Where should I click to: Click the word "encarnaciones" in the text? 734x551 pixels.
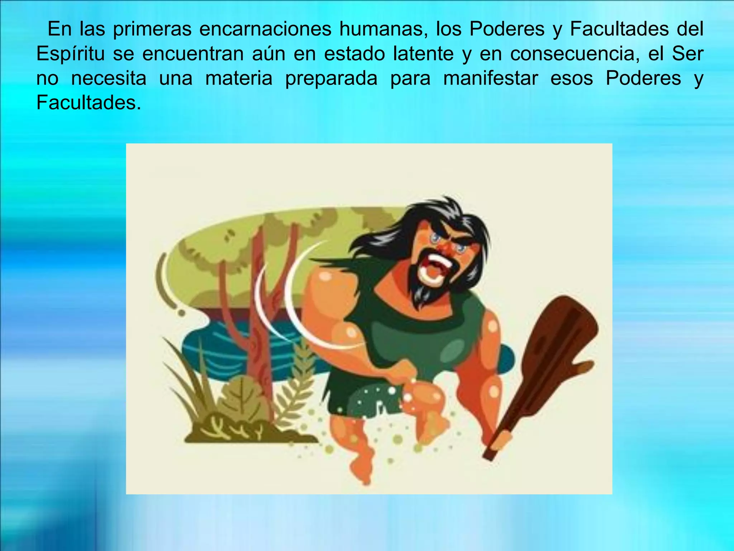(265, 29)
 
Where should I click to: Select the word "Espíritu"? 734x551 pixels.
(71, 54)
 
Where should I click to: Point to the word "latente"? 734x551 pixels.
(423, 54)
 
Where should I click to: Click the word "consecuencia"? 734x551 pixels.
(575, 54)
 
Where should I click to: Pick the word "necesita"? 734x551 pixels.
(109, 78)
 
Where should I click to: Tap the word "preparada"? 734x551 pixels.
(331, 78)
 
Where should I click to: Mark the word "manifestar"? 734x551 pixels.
(491, 78)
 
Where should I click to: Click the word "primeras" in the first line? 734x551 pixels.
(152, 29)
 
